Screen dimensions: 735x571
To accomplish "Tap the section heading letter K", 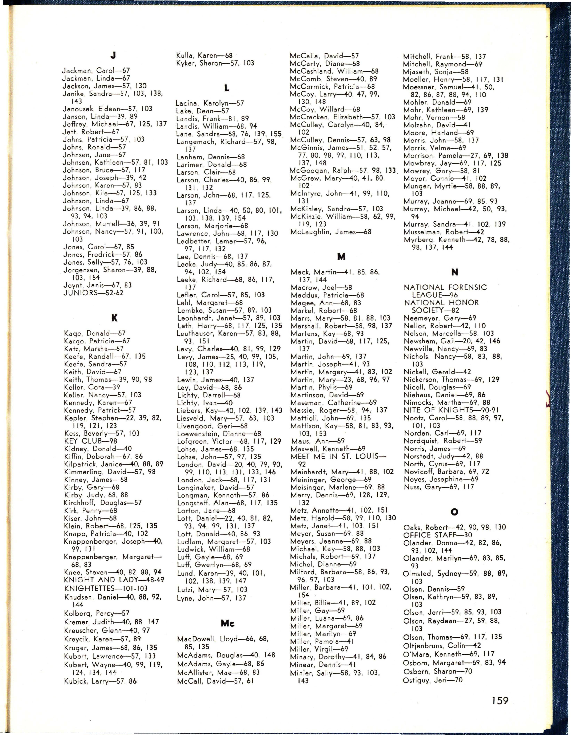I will (114, 318).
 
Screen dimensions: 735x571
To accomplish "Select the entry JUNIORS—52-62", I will (94, 293).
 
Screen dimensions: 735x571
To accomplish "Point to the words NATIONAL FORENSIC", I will (445, 287).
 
